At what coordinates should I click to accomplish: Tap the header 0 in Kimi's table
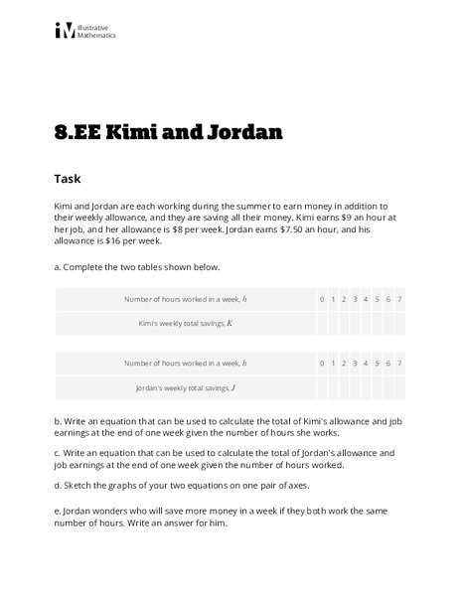coord(322,299)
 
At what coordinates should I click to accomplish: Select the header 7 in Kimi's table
coord(399,299)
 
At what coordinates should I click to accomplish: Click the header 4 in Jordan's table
coord(366,363)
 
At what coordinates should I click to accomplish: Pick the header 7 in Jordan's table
coord(399,363)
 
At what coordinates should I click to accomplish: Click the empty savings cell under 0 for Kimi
coord(322,324)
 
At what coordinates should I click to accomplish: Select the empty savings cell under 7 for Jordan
coord(399,387)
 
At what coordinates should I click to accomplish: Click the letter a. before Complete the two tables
coord(59,267)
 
